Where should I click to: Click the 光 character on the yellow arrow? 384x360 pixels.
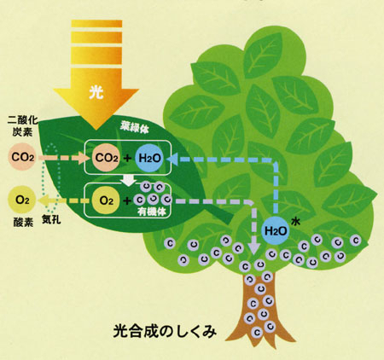point(96,92)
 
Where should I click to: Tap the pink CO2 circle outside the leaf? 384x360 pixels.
point(23,157)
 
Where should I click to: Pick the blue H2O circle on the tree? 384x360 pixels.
point(276,230)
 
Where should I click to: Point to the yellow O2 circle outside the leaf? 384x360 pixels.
point(22,200)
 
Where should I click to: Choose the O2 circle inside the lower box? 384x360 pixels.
point(107,200)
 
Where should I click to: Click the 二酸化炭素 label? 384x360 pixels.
point(22,126)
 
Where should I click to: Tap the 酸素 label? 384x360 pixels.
point(23,223)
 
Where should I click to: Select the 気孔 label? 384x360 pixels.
point(51,219)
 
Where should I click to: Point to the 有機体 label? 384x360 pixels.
point(152,212)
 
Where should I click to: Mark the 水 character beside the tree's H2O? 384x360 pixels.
point(296,222)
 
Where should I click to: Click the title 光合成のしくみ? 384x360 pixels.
point(165,331)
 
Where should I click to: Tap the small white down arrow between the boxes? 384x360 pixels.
point(128,180)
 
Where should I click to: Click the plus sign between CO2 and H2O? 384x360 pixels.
point(128,158)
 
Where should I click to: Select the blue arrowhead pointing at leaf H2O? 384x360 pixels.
point(173,159)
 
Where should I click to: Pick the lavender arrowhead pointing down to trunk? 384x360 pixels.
point(253,247)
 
